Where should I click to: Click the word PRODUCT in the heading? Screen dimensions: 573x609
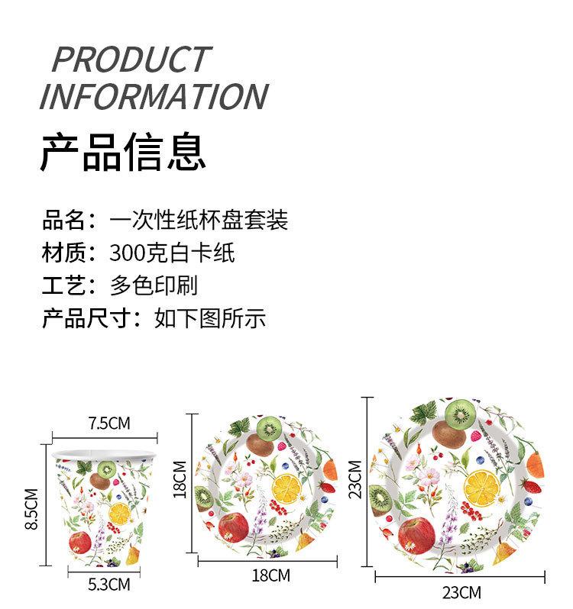[x=131, y=59]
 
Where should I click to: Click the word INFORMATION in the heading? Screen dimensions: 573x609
[x=154, y=96]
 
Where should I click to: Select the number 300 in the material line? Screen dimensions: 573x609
[x=126, y=253]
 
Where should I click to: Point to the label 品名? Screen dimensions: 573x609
[x=63, y=220]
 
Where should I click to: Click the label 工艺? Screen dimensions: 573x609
[x=63, y=285]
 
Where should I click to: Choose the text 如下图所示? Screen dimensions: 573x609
[x=210, y=318]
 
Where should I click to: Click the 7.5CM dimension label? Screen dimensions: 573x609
[x=109, y=423]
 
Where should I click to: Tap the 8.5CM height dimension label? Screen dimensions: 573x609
[x=31, y=509]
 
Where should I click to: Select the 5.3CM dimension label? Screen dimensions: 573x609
[x=109, y=585]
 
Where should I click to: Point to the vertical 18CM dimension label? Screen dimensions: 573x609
[x=180, y=479]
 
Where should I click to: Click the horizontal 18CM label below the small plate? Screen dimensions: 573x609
[x=271, y=575]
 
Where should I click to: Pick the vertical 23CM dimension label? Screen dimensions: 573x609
[x=355, y=479]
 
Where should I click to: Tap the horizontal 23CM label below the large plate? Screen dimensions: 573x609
[x=461, y=593]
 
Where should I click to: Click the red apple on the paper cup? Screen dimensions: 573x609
[x=80, y=543]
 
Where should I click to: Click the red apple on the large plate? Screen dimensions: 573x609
[x=416, y=536]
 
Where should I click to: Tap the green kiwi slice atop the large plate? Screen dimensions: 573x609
[x=460, y=415]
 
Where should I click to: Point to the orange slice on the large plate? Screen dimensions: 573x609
[x=482, y=488]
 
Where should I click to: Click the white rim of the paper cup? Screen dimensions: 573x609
[x=104, y=453]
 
